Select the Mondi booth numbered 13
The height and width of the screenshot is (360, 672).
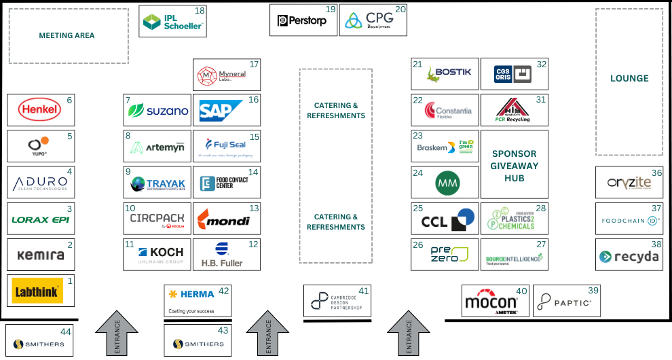coord(226,219)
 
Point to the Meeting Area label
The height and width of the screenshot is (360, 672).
coord(67,35)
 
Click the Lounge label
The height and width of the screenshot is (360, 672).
coord(629,78)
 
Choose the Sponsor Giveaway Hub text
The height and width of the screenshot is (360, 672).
coord(515,166)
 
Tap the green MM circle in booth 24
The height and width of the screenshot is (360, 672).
coord(447,183)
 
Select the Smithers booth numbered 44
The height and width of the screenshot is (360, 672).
coord(39,340)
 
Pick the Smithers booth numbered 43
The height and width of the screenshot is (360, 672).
coord(198,340)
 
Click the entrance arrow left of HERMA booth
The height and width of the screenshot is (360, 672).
coord(117,333)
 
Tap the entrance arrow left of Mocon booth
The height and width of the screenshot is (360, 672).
coord(409,333)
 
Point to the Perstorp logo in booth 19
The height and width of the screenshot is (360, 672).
coord(302,21)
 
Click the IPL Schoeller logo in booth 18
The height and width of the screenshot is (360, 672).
coord(172,22)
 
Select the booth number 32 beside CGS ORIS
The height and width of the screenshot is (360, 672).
coord(541,65)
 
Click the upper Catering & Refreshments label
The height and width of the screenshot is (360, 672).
coord(336,110)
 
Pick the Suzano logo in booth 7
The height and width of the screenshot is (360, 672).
coord(158,110)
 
